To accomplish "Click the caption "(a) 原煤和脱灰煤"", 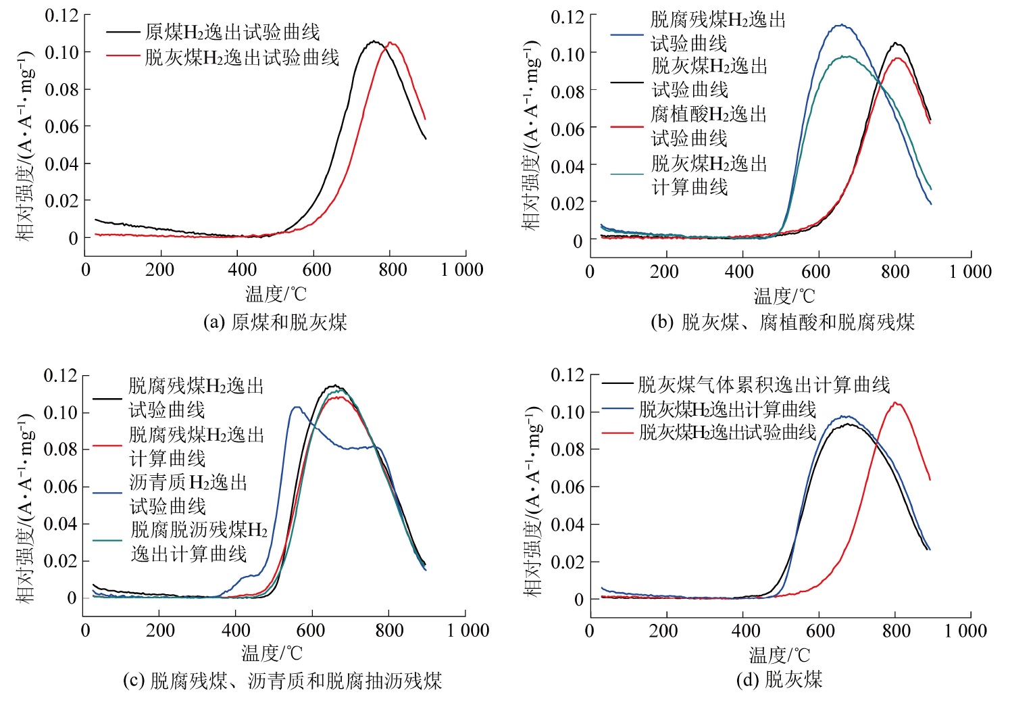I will point(275,322).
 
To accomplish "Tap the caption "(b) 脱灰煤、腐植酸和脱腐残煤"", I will point(782,322).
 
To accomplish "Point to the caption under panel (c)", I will point(282,680).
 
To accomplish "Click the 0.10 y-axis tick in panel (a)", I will point(61,52).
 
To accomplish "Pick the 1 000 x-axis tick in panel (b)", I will point(970,272).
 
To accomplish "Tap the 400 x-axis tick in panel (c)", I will point(236,631).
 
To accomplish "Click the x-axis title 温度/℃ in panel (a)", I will point(276,294).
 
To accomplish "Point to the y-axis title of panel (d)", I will point(533,501).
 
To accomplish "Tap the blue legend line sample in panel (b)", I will point(627,34).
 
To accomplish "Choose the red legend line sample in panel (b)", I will point(627,126).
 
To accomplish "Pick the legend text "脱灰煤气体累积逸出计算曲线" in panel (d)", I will point(764,385).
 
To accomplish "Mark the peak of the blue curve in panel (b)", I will point(840,26).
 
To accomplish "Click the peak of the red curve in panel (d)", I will point(896,403).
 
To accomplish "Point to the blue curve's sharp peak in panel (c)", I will point(296,407).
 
